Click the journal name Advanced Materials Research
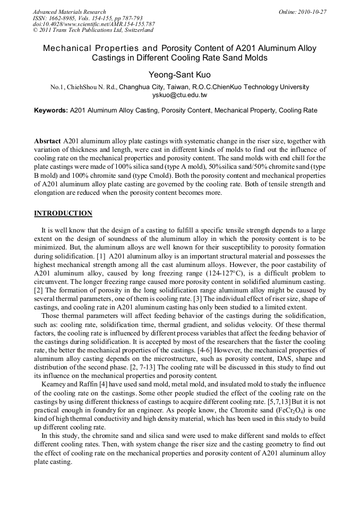click(x=70, y=12)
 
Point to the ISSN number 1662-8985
click(x=62, y=18)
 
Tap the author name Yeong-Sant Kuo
click(x=179, y=75)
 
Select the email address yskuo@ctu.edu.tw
click(x=179, y=95)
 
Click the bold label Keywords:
click(x=51, y=110)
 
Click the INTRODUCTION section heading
click(x=63, y=214)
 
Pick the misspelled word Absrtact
click(x=47, y=141)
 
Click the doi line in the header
click(x=93, y=24)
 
